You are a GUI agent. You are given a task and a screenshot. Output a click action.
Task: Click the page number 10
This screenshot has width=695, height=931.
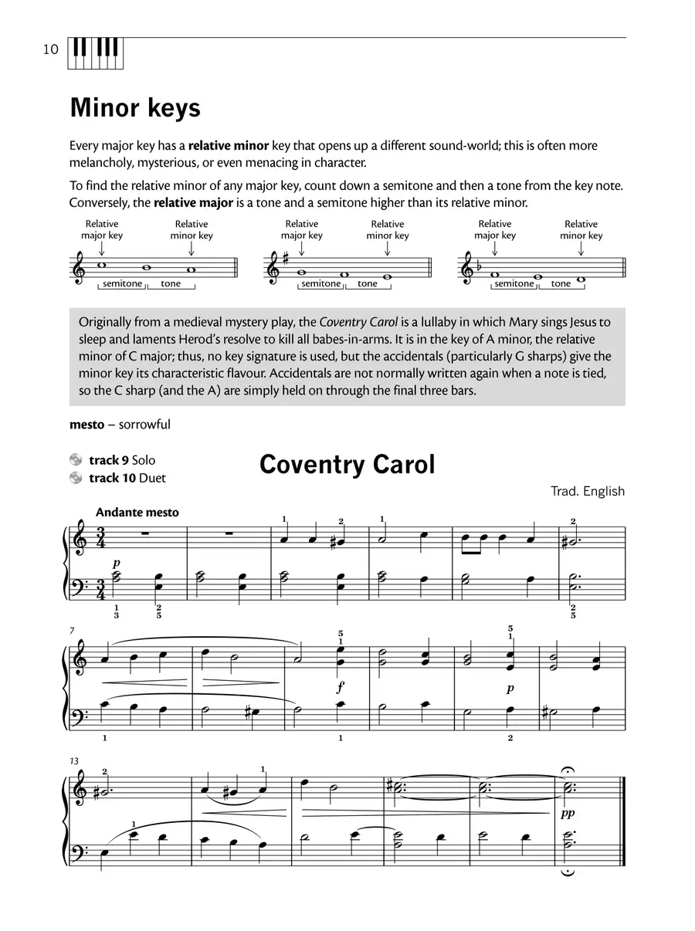point(50,50)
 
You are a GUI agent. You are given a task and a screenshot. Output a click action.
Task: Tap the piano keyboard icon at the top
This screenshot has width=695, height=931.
point(97,52)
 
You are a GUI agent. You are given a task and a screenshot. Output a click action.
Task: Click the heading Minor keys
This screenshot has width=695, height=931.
point(135,108)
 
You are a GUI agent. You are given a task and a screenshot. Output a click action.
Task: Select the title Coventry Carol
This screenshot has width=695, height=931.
point(347,465)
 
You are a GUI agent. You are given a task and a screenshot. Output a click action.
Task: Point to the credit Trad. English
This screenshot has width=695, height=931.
point(588,491)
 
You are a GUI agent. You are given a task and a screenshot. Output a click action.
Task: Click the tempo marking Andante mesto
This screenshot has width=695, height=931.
point(137,512)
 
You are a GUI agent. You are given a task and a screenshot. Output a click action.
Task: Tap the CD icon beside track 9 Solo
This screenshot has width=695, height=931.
point(76,460)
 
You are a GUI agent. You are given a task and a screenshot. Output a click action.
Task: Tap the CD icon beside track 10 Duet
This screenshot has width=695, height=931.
point(76,478)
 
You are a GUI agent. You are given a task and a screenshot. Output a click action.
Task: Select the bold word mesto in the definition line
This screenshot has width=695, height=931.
point(86,425)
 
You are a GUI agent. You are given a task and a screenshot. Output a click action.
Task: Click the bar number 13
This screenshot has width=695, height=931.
point(74,761)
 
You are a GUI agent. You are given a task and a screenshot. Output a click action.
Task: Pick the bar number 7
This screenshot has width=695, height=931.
point(73,631)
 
